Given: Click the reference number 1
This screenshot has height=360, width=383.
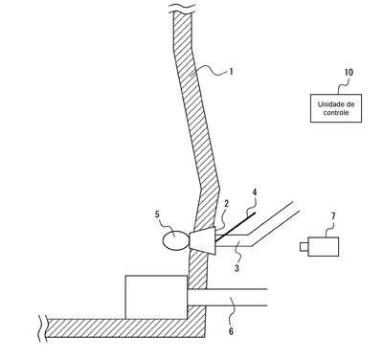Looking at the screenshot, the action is (x=231, y=72).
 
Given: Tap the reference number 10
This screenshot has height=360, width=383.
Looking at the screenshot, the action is (x=349, y=72).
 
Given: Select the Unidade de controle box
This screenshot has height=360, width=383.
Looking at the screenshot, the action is (x=336, y=108).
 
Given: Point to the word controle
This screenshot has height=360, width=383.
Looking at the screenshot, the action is (x=336, y=112).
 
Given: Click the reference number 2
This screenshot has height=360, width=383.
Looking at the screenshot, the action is (x=226, y=203).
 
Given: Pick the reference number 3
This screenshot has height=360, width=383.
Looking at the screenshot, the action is (x=237, y=268).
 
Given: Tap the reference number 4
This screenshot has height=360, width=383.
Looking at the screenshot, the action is (x=255, y=192).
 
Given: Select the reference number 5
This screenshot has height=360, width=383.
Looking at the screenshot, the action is (x=157, y=214).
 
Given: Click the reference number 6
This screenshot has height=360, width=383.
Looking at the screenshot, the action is (x=231, y=331).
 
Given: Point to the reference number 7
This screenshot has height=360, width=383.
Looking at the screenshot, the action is (x=333, y=216).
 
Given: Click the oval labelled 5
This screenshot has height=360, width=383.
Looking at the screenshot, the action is (x=175, y=240).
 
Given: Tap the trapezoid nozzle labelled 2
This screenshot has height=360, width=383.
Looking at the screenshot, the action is (x=203, y=240).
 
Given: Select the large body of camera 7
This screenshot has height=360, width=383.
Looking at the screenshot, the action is (x=324, y=246).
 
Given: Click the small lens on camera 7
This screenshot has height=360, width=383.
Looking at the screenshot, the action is (x=304, y=247).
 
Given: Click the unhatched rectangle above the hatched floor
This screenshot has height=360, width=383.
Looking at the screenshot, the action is (x=156, y=297).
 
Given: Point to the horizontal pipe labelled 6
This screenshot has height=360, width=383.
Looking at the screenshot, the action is (x=227, y=298).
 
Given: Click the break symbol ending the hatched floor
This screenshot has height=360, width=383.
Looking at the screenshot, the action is (x=42, y=328).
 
